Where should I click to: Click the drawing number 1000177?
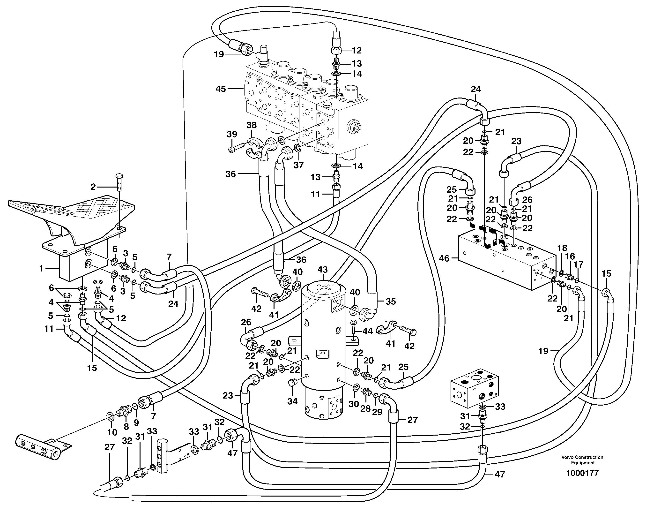point(582,473)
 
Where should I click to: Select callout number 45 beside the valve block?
point(221,89)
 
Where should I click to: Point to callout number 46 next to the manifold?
point(444,258)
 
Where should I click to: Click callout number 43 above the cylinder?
point(322,270)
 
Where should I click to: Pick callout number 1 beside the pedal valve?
point(41,269)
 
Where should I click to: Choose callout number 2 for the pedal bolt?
point(93,187)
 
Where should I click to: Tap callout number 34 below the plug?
point(292,401)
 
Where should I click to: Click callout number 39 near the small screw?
point(232,134)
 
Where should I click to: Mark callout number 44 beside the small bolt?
point(368,331)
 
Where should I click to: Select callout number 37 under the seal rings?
point(298,165)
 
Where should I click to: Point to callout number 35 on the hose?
point(391,301)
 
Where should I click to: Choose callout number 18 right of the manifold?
point(562,248)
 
